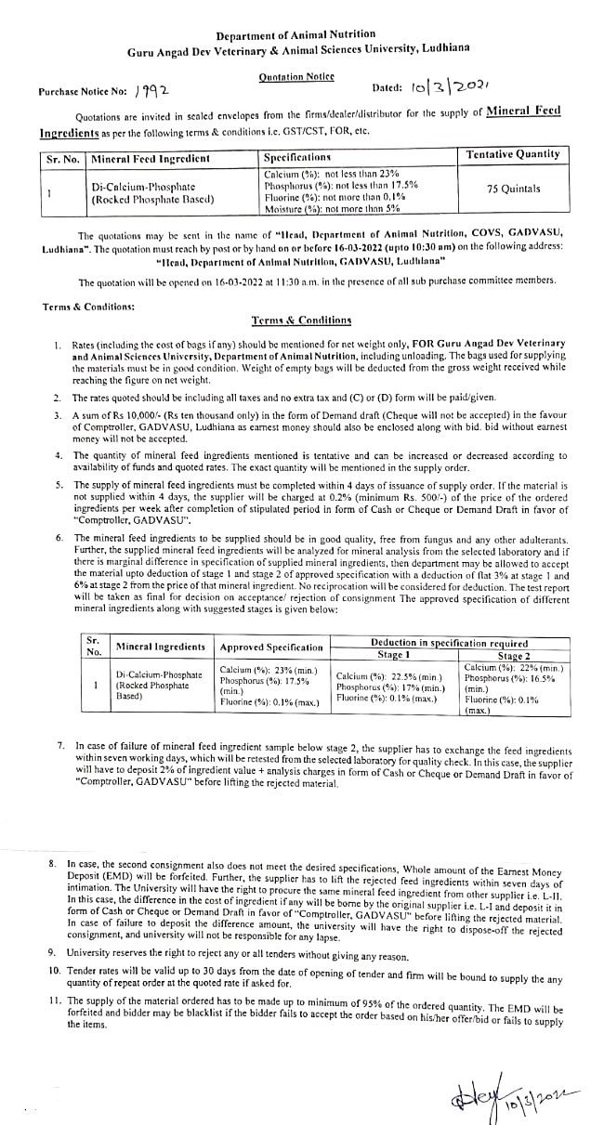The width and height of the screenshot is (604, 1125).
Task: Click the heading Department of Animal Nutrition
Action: [x=295, y=35]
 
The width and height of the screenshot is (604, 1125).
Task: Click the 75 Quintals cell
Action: [x=513, y=189]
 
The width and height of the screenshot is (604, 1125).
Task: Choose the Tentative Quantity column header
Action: [x=513, y=154]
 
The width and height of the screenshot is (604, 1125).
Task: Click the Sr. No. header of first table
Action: [x=63, y=159]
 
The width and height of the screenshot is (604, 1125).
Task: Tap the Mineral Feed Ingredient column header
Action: [x=151, y=159]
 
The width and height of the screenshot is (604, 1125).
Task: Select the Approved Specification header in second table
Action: [x=271, y=647]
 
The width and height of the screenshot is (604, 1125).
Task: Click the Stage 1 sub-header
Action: [x=394, y=655]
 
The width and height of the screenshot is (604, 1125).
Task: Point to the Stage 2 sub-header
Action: [x=513, y=655]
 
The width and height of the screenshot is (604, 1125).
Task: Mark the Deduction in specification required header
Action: [x=449, y=643]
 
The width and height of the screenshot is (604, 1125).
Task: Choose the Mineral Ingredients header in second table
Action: [x=160, y=647]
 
